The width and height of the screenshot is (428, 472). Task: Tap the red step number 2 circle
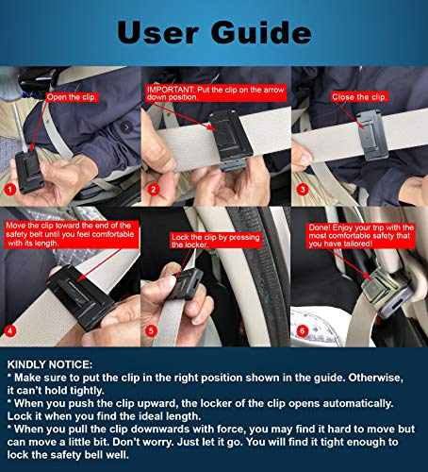154,189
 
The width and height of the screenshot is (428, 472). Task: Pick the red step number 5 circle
154,329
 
